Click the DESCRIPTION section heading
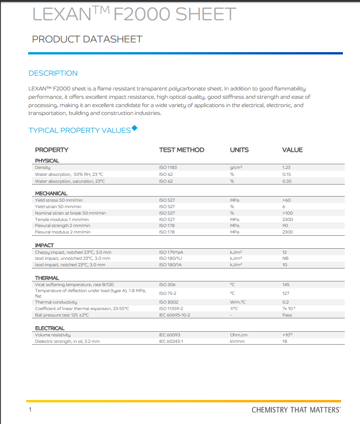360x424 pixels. click(x=53, y=73)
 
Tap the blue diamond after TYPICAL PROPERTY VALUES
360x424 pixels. click(x=134, y=128)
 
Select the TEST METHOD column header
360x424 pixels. click(x=181, y=150)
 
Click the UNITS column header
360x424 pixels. click(x=239, y=150)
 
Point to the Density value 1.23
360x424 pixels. click(x=286, y=168)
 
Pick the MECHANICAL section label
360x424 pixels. click(x=51, y=193)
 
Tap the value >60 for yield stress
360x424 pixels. click(x=286, y=200)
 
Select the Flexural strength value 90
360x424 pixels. click(x=285, y=226)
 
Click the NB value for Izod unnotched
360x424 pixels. click(x=285, y=258)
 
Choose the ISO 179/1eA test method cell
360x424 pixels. click(x=171, y=252)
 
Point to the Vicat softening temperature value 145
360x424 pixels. click(x=286, y=285)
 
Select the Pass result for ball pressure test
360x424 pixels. click(x=287, y=315)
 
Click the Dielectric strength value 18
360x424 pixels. click(x=284, y=341)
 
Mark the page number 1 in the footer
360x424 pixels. click(x=30, y=410)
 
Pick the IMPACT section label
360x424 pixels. click(x=44, y=245)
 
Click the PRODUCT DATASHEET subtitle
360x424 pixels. click(x=87, y=39)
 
